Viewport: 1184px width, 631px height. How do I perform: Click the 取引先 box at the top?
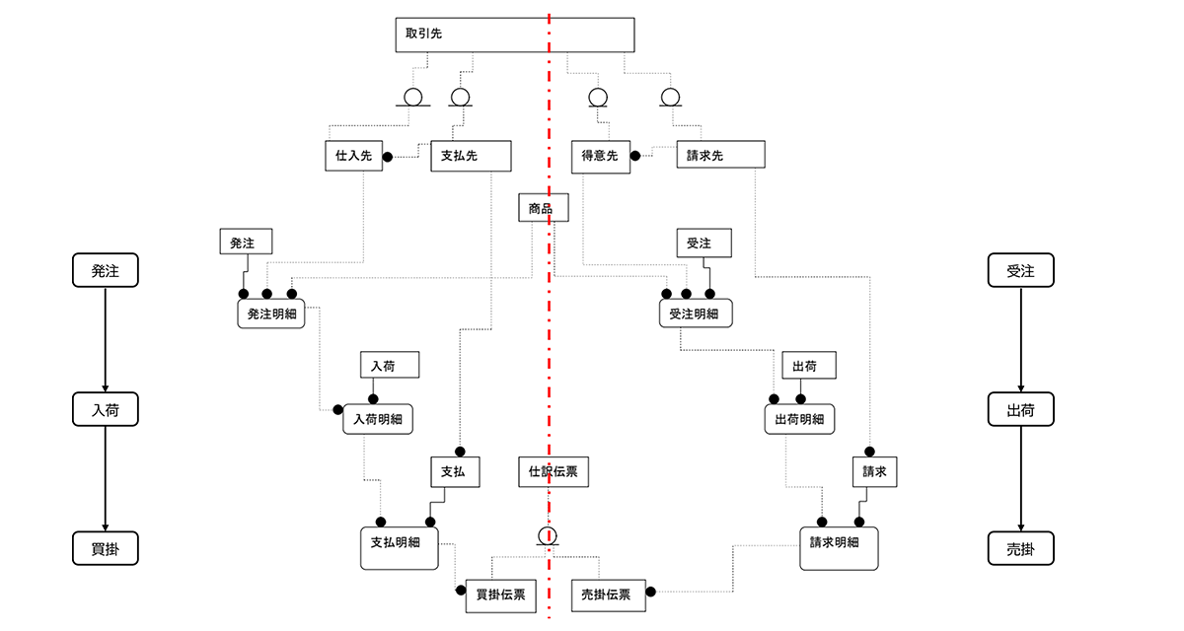[513, 35]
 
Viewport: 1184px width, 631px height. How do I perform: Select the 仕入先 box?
[353, 156]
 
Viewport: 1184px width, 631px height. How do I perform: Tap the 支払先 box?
[471, 156]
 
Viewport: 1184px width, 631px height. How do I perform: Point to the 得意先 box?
[600, 156]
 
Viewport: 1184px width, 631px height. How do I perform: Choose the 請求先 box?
[720, 156]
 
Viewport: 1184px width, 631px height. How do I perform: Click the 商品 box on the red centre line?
[541, 208]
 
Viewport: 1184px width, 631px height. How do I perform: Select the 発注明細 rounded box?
[271, 314]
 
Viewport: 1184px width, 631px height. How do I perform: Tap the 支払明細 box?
[399, 544]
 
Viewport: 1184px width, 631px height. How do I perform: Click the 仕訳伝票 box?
[554, 472]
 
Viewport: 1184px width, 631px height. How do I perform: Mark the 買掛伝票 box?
[500, 595]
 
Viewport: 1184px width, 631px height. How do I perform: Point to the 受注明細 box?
[696, 314]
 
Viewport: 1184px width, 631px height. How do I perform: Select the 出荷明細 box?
[799, 419]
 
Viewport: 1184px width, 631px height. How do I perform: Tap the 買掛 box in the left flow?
[106, 548]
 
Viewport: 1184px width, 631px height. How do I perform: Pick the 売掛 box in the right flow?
[1021, 548]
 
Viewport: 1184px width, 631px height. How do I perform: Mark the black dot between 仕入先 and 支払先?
[388, 156]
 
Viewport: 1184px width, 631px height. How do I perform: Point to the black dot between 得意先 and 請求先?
[635, 156]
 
